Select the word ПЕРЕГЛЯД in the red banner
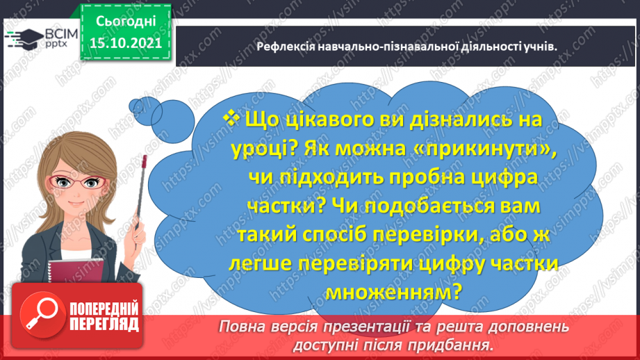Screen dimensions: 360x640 tap(104, 323)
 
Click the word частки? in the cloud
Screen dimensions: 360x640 tap(286, 206)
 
